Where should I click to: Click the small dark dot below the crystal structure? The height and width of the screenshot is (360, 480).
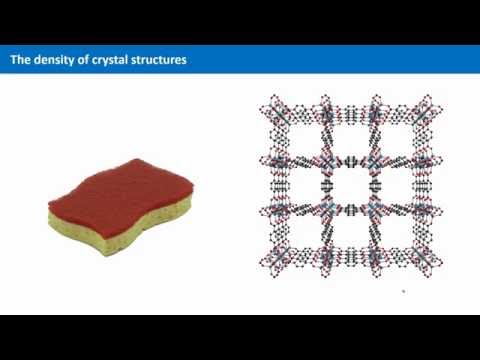tap(403, 292)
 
